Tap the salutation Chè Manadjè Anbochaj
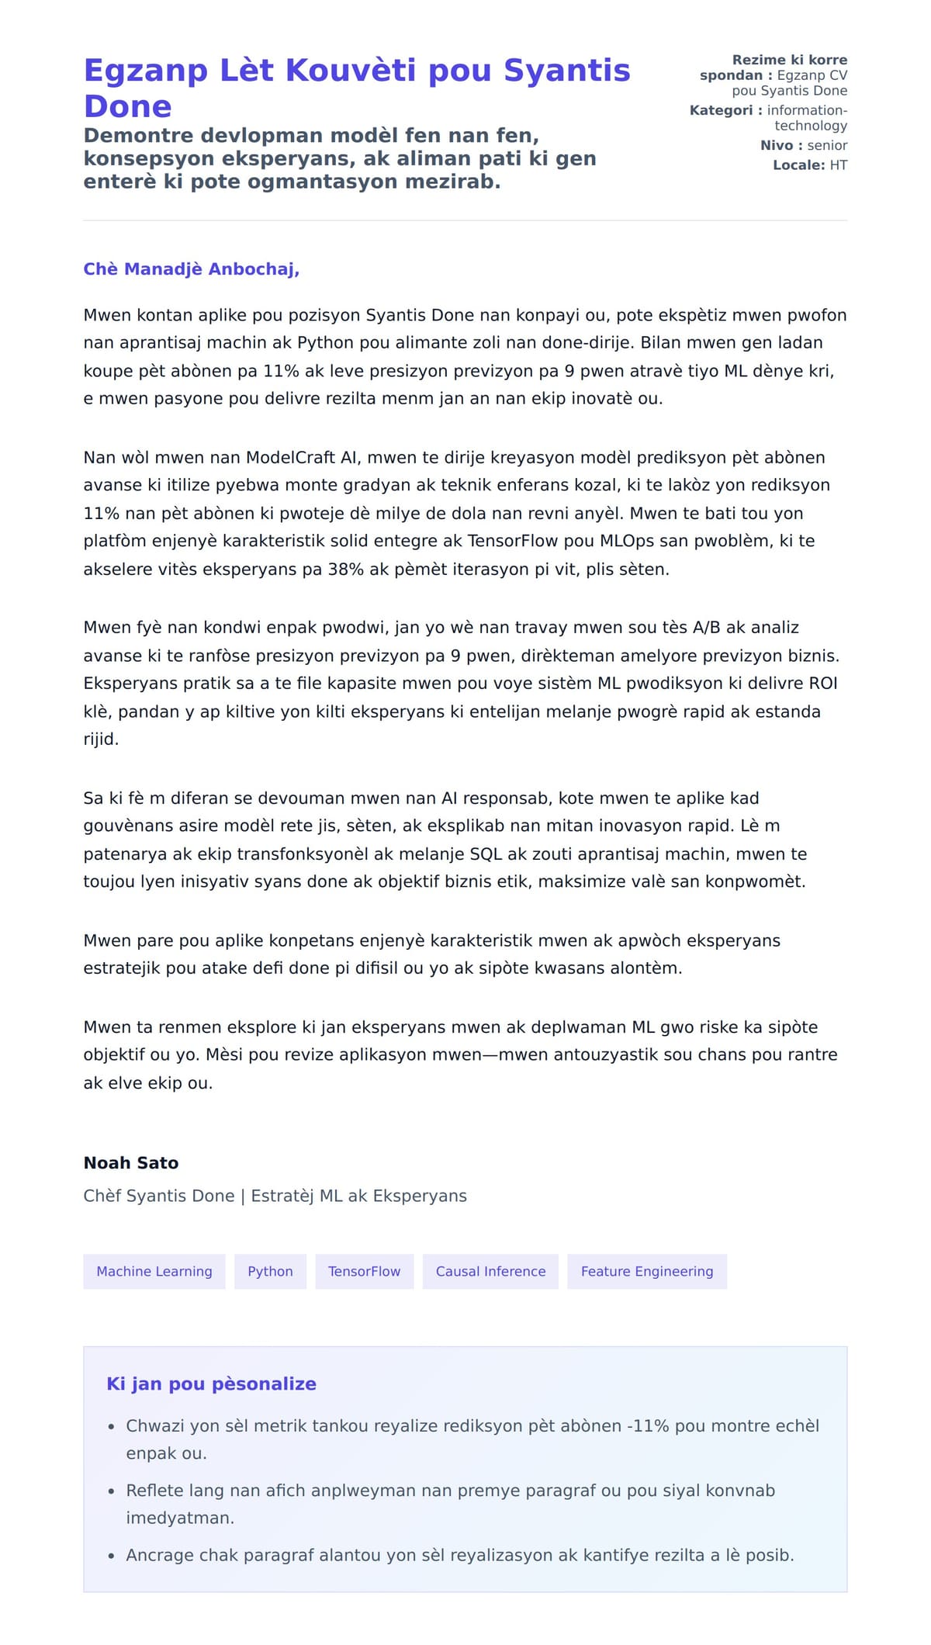tap(191, 269)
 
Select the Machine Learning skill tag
tap(154, 1271)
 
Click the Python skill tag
tap(270, 1271)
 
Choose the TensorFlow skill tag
tap(364, 1271)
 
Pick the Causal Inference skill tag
tap(490, 1271)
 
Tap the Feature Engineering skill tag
tap(646, 1271)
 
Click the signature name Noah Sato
tap(131, 1162)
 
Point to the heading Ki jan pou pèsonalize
tap(211, 1384)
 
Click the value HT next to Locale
tap(838, 164)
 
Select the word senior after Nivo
tap(827, 145)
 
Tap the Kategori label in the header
tap(721, 110)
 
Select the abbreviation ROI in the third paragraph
tap(822, 684)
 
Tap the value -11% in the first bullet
tap(648, 1425)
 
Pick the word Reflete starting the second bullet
tap(154, 1491)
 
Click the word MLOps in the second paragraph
tap(627, 541)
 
